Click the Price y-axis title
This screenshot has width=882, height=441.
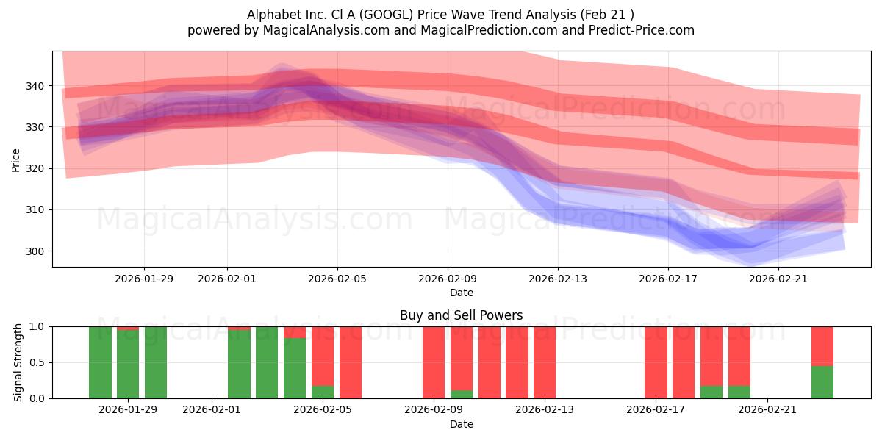tap(16, 159)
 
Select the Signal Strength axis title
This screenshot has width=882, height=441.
tap(18, 362)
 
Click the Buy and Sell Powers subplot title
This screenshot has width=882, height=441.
tap(461, 315)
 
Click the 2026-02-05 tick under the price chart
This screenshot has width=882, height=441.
tap(337, 279)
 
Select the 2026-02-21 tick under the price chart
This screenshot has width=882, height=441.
tap(778, 279)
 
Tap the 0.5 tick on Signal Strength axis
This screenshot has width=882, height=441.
tap(36, 362)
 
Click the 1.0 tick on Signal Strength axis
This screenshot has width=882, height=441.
tap(36, 326)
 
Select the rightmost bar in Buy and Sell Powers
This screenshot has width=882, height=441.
tap(822, 362)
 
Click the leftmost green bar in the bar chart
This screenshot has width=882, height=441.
tap(100, 362)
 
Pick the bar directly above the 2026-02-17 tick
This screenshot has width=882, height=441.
tap(656, 362)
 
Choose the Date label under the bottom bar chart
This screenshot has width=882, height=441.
tap(461, 424)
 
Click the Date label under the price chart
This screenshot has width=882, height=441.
tap(461, 293)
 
